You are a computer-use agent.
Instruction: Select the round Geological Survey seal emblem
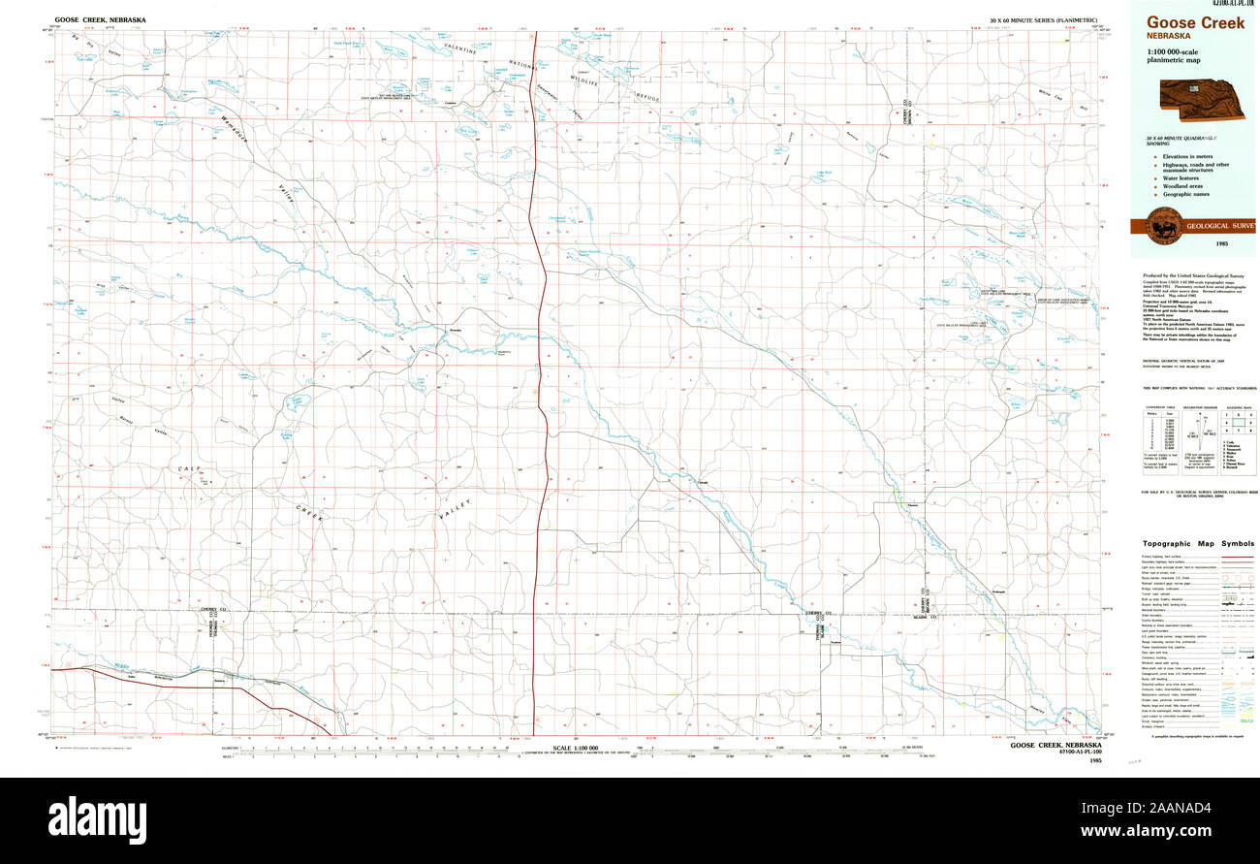1160,226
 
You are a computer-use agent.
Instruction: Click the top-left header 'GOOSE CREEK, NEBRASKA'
94,19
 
